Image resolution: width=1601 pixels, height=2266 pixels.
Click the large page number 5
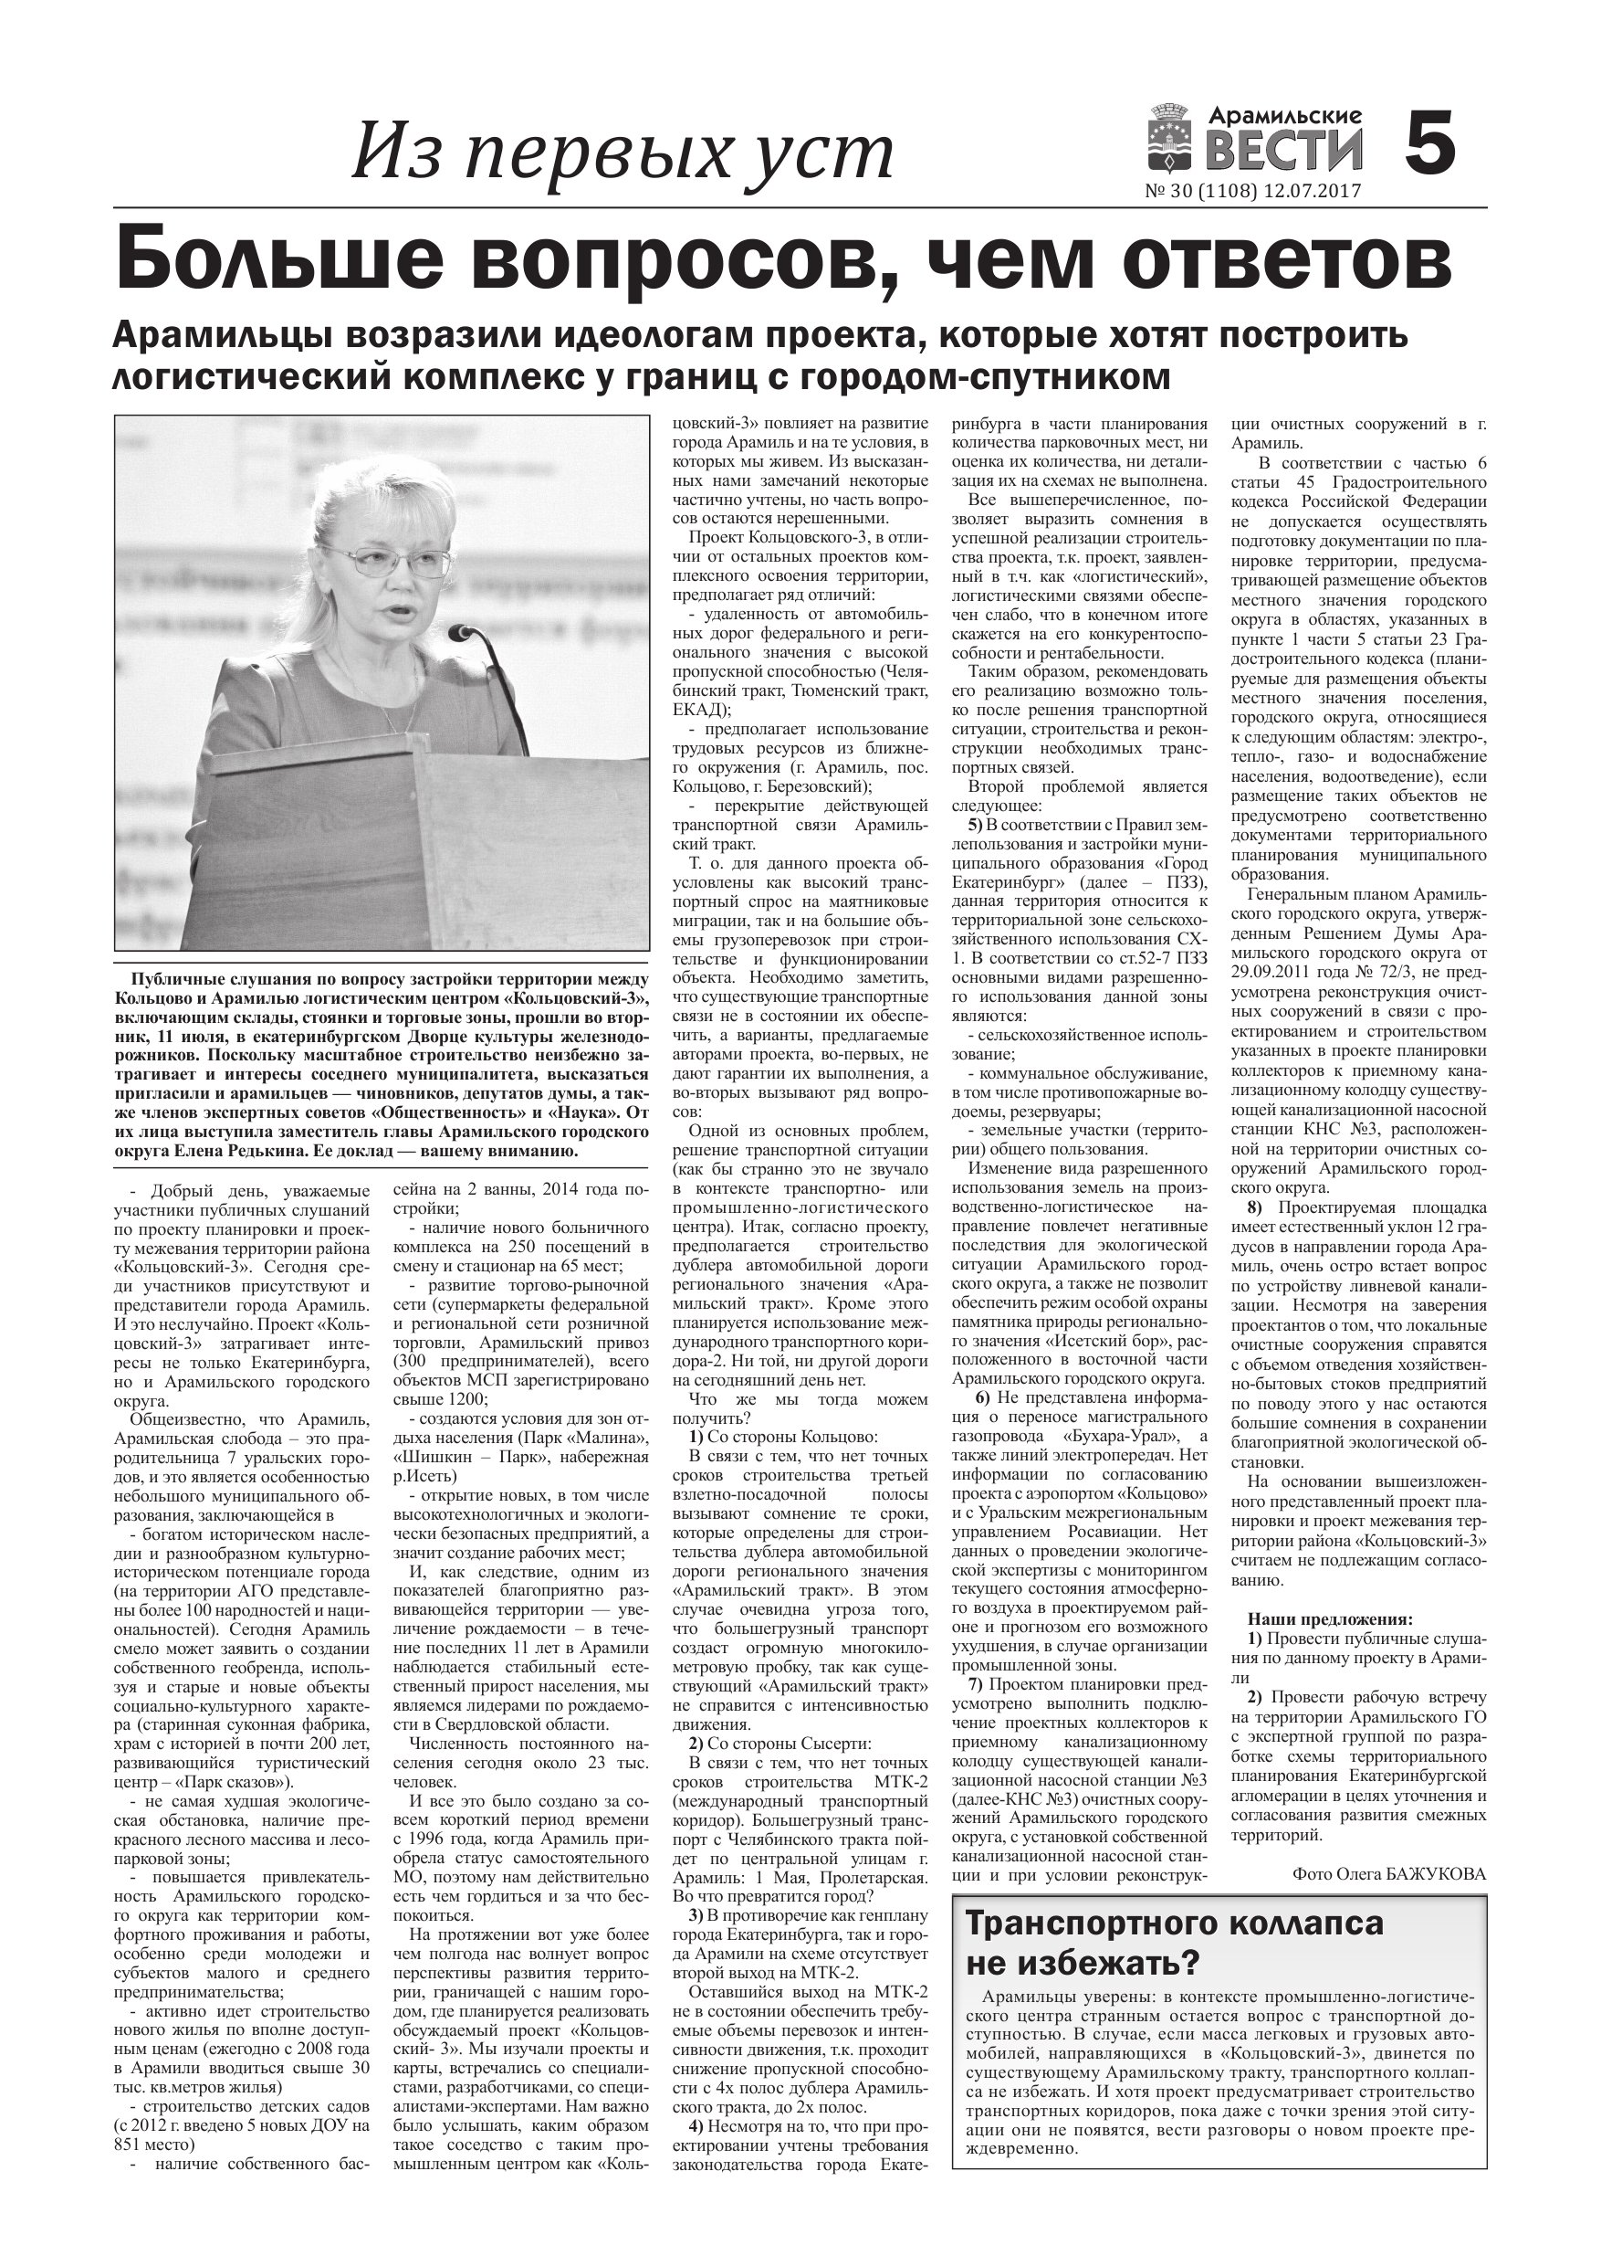tap(1428, 144)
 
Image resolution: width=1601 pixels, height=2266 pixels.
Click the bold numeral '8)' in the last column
tap(1255, 1208)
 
